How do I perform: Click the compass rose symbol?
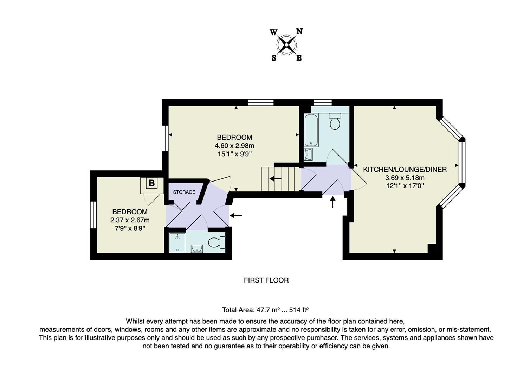[x=287, y=45]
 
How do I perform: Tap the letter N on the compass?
[x=299, y=32]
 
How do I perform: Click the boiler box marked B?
[x=152, y=183]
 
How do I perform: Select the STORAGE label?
[x=184, y=192]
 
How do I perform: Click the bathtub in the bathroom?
[x=311, y=130]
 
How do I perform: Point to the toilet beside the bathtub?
[x=335, y=121]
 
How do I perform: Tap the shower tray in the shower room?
[x=177, y=242]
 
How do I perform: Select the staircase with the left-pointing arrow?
[x=280, y=179]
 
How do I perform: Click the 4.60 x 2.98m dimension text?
[x=234, y=146]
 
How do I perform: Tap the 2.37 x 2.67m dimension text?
[x=130, y=220]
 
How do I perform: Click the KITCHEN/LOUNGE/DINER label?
[x=405, y=170]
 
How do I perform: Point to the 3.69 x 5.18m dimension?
[x=405, y=178]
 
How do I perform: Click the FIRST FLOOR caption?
[x=266, y=280]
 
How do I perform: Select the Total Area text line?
[x=265, y=310]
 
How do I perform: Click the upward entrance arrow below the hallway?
[x=333, y=202]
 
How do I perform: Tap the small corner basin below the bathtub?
[x=308, y=154]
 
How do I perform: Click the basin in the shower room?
[x=197, y=248]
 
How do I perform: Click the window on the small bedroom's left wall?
[x=93, y=215]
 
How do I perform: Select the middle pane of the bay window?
[x=462, y=163]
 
